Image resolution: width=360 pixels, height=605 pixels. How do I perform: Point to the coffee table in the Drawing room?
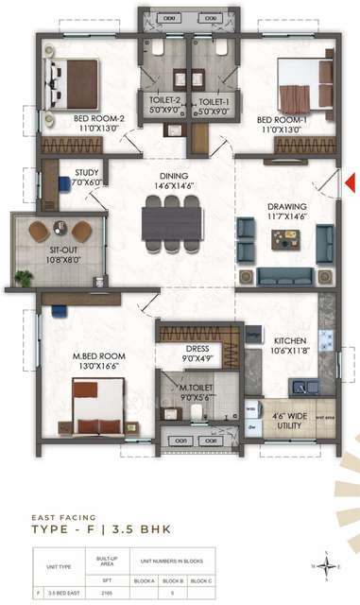click(283, 239)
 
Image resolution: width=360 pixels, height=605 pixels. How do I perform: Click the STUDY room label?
click(88, 178)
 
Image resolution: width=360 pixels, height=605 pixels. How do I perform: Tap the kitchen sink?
click(305, 386)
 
